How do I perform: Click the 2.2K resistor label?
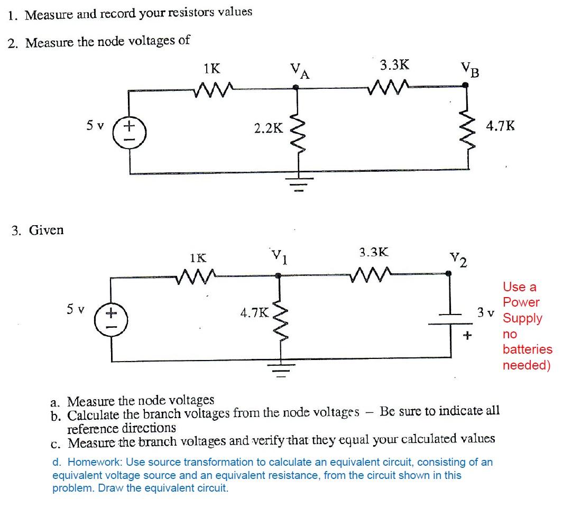[x=268, y=127]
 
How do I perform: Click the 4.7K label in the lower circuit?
[x=254, y=312]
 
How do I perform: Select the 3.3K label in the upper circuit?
[x=394, y=65]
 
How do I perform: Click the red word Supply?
[x=522, y=318]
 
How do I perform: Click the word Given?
[x=46, y=230]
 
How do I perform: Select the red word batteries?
[x=527, y=349]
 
